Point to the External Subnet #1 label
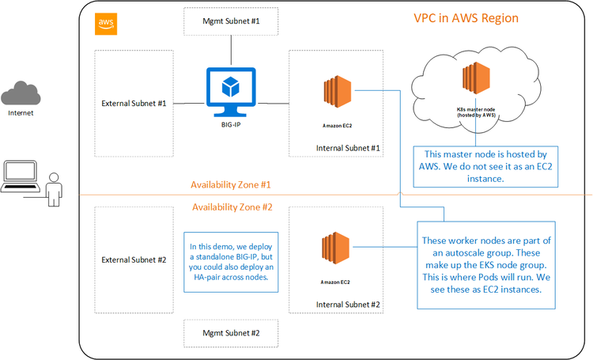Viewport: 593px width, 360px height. click(x=134, y=103)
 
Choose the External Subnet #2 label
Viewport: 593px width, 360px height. click(x=134, y=260)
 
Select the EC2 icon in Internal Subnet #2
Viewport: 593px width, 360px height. click(x=337, y=252)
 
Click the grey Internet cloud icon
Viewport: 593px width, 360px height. click(x=21, y=94)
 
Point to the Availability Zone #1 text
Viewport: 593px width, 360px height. click(x=232, y=184)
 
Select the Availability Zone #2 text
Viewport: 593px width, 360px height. click(x=232, y=207)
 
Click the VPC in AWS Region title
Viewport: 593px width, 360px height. click(x=466, y=17)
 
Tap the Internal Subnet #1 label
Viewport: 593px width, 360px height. click(x=349, y=147)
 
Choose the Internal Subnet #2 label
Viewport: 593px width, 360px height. click(x=349, y=304)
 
